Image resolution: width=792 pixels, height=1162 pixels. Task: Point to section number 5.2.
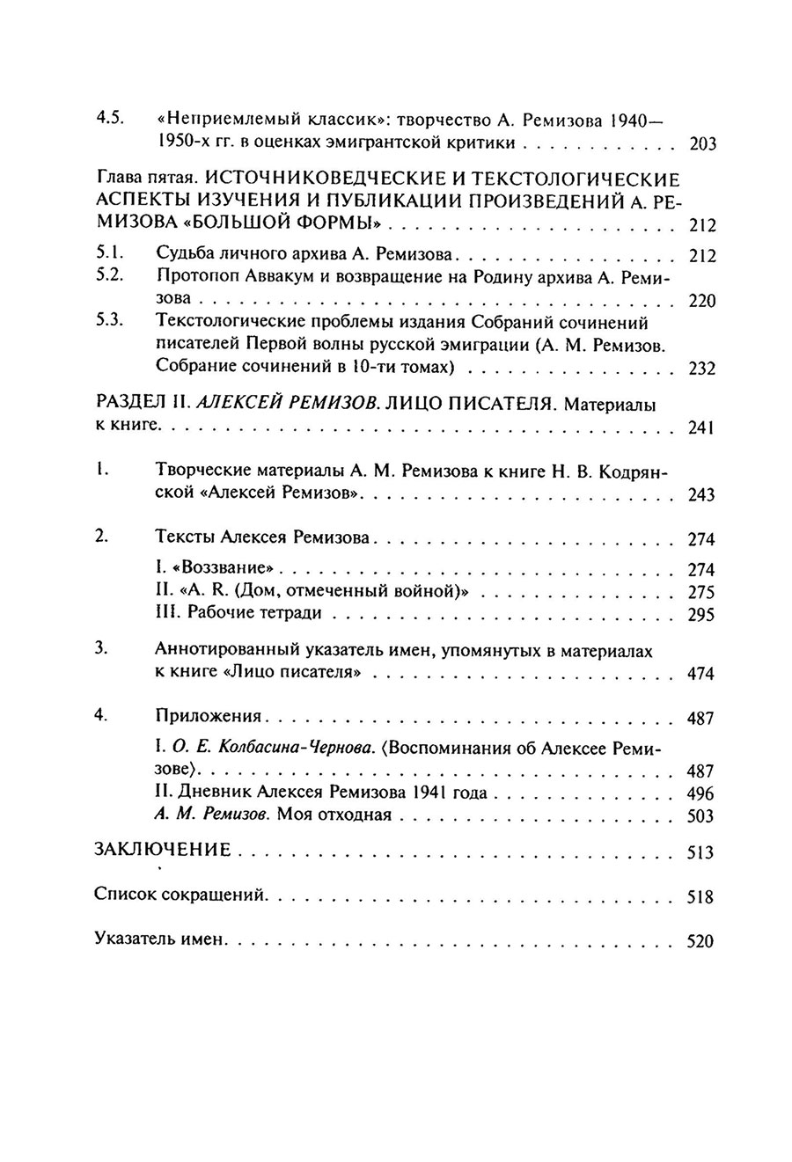(107, 278)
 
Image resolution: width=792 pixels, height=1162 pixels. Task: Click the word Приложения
(208, 718)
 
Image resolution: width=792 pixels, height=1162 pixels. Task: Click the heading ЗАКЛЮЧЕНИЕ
(163, 851)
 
